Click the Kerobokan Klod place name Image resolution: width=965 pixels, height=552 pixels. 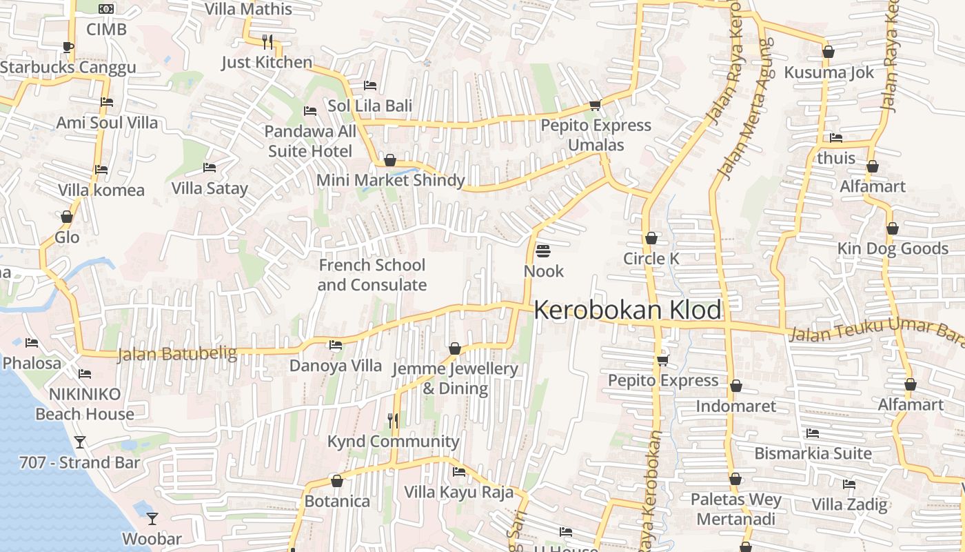pyautogui.click(x=627, y=310)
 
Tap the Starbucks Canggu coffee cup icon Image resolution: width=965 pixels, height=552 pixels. pyautogui.click(x=68, y=47)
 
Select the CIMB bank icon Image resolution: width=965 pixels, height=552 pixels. pyautogui.click(x=106, y=9)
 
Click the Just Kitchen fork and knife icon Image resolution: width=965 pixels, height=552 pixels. pyautogui.click(x=267, y=41)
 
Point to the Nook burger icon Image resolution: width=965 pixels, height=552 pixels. pyautogui.click(x=543, y=250)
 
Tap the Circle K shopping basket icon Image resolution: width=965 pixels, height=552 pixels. pyautogui.click(x=651, y=239)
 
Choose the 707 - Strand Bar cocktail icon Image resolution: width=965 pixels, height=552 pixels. pyautogui.click(x=80, y=442)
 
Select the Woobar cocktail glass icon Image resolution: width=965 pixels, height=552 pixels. pyautogui.click(x=152, y=518)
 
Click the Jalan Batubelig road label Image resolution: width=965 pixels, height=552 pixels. pyautogui.click(x=177, y=355)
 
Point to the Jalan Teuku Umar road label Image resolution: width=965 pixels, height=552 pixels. pyautogui.click(x=875, y=331)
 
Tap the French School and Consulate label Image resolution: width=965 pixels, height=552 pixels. pyautogui.click(x=372, y=275)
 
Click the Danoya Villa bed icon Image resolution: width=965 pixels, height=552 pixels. pyautogui.click(x=336, y=345)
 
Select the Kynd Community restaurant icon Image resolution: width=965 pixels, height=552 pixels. pyautogui.click(x=393, y=420)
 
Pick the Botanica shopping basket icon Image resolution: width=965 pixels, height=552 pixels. pyautogui.click(x=337, y=481)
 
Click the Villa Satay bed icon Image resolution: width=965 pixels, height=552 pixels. pyautogui.click(x=210, y=168)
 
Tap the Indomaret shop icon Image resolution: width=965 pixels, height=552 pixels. pyautogui.click(x=735, y=386)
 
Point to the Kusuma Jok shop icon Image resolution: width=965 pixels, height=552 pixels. pyautogui.click(x=829, y=52)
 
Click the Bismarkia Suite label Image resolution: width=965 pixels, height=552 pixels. pyautogui.click(x=813, y=453)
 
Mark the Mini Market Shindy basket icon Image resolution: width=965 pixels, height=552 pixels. pyautogui.click(x=390, y=161)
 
